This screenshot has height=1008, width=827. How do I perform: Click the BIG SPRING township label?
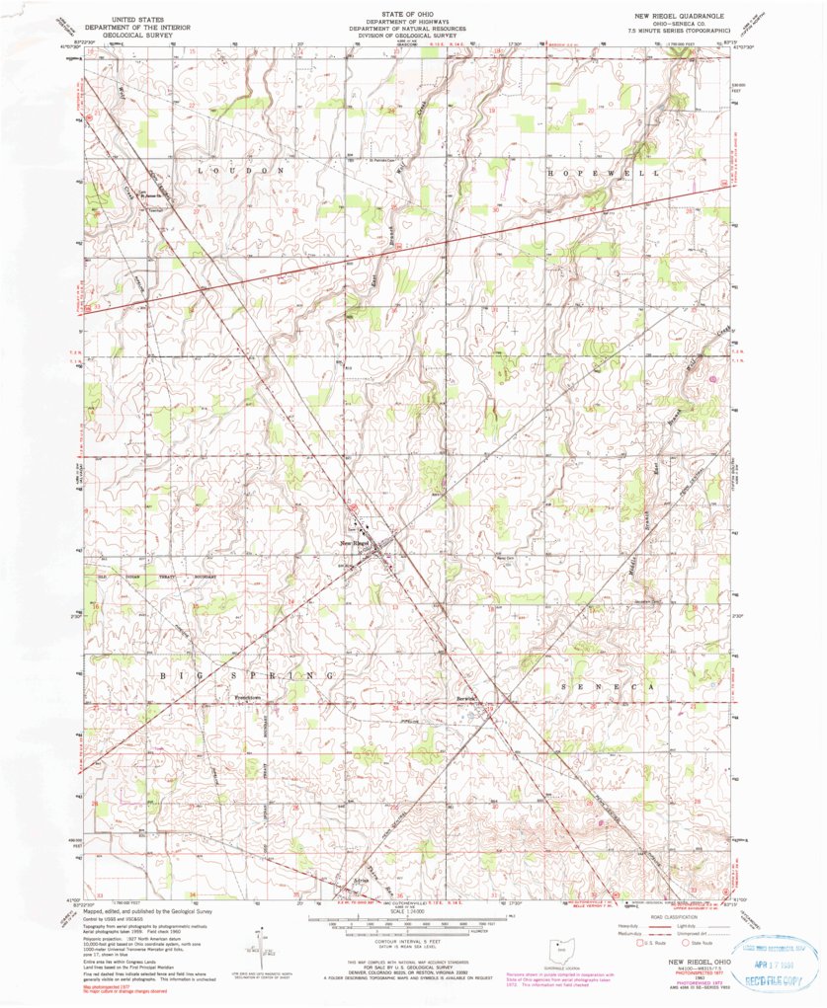coord(244,676)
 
